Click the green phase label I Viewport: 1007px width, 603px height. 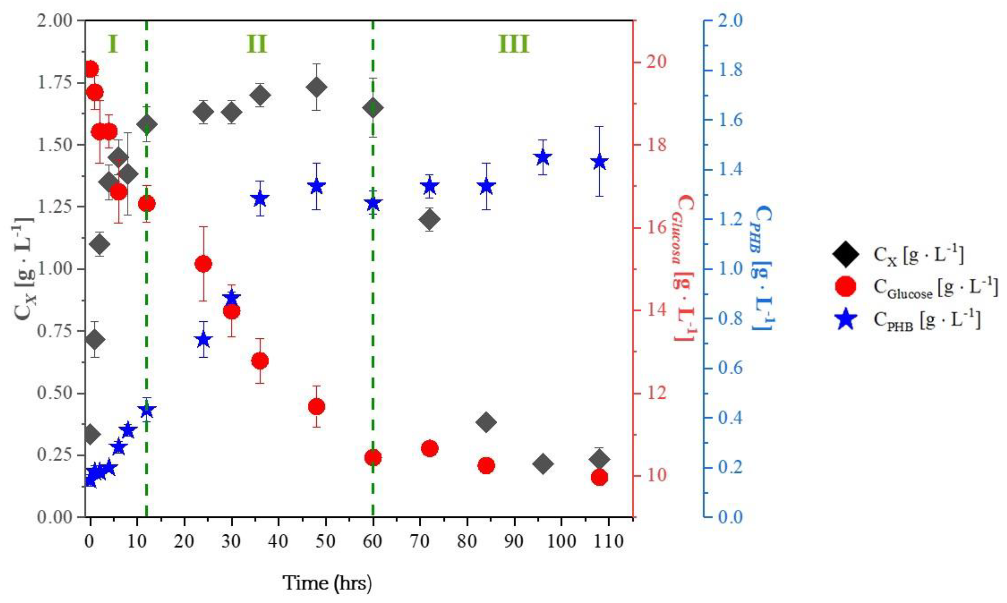(x=113, y=44)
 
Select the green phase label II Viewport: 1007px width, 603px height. (x=257, y=44)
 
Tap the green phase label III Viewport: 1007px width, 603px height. (x=514, y=44)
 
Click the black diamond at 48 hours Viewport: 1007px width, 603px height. (x=316, y=87)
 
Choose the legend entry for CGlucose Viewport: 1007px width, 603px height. (x=935, y=287)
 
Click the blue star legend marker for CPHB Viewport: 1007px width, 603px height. (x=846, y=319)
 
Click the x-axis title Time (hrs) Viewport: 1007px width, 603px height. (x=327, y=583)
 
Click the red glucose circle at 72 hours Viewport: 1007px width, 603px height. (x=430, y=449)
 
